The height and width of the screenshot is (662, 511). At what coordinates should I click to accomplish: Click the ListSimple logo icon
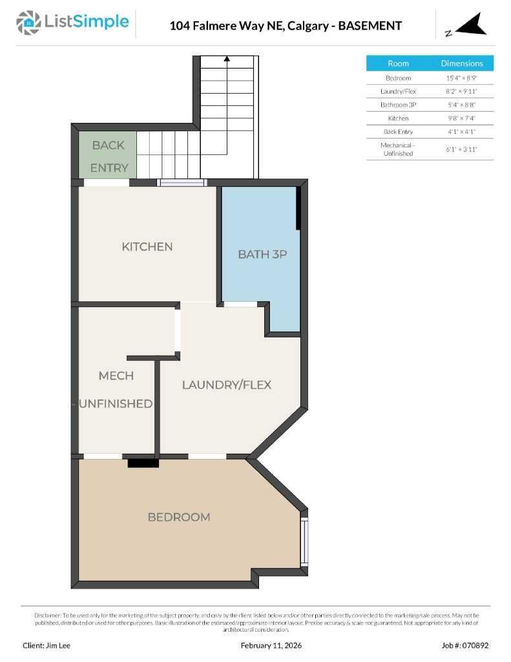(x=28, y=23)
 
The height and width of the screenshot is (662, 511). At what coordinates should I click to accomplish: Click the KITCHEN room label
(x=147, y=246)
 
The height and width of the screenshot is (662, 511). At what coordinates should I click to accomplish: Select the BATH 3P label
(x=262, y=254)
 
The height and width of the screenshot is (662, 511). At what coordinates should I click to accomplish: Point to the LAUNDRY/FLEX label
(x=226, y=385)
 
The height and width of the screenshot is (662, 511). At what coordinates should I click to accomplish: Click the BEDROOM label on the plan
(x=179, y=517)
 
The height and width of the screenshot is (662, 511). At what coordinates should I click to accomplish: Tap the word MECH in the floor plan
(x=116, y=376)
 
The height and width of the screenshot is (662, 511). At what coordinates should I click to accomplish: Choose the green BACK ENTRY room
(x=108, y=156)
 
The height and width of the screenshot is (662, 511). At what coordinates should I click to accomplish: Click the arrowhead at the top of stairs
(x=227, y=59)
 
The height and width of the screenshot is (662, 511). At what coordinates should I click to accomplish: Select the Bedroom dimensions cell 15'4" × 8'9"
(x=461, y=78)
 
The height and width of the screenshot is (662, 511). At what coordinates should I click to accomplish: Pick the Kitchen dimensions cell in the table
(x=461, y=118)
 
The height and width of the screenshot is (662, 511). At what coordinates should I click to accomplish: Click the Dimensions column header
(x=461, y=63)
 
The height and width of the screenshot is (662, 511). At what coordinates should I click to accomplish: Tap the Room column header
(x=398, y=63)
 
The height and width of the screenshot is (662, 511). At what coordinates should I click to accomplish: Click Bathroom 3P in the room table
(x=398, y=105)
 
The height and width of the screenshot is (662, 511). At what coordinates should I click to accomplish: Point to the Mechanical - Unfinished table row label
(x=398, y=149)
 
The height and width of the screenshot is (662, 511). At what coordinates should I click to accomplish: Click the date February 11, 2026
(x=271, y=645)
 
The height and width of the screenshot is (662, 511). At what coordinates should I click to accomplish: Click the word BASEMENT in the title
(x=370, y=26)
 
